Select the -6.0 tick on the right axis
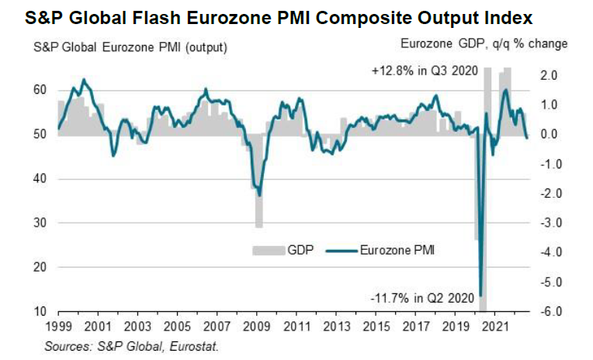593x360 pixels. click(x=548, y=312)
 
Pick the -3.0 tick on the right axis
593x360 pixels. click(x=548, y=223)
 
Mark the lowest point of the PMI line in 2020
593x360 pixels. click(x=481, y=295)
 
